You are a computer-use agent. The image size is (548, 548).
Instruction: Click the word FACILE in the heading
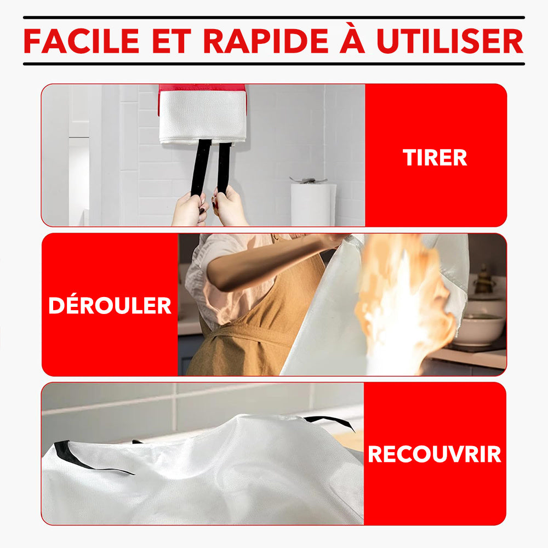coord(82,41)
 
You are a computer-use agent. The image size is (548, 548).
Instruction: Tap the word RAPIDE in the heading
coord(266,41)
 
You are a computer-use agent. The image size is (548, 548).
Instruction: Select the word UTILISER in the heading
coord(450,41)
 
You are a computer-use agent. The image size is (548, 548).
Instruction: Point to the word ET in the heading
coord(172,41)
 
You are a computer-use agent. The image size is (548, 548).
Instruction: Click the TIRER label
coord(435,157)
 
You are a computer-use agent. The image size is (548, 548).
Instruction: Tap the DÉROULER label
coord(110,305)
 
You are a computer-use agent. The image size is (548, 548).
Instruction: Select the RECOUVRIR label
coord(435,454)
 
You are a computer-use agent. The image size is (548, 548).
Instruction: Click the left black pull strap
coord(201,168)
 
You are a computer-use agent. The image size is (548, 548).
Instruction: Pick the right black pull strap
coord(224,167)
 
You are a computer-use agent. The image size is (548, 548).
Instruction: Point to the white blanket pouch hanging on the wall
coord(202,117)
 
